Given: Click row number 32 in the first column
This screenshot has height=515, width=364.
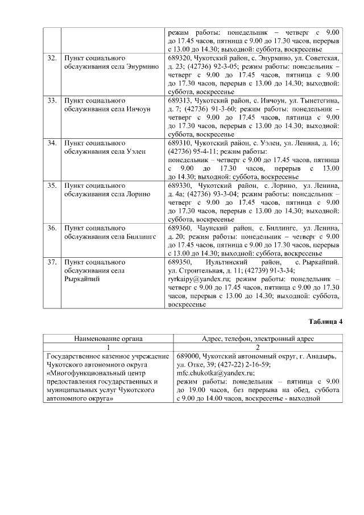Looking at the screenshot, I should point(52,59).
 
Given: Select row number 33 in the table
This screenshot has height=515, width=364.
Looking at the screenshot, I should point(52,101).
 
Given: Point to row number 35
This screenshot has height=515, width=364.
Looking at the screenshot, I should point(52,186).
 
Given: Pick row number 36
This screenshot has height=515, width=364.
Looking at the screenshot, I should point(52,228).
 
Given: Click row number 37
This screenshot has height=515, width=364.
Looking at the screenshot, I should point(52,262).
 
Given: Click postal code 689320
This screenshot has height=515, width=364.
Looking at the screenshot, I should point(180,59).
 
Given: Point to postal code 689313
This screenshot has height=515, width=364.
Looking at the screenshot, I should point(180,101).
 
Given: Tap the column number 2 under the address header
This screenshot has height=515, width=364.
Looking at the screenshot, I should point(258,348).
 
